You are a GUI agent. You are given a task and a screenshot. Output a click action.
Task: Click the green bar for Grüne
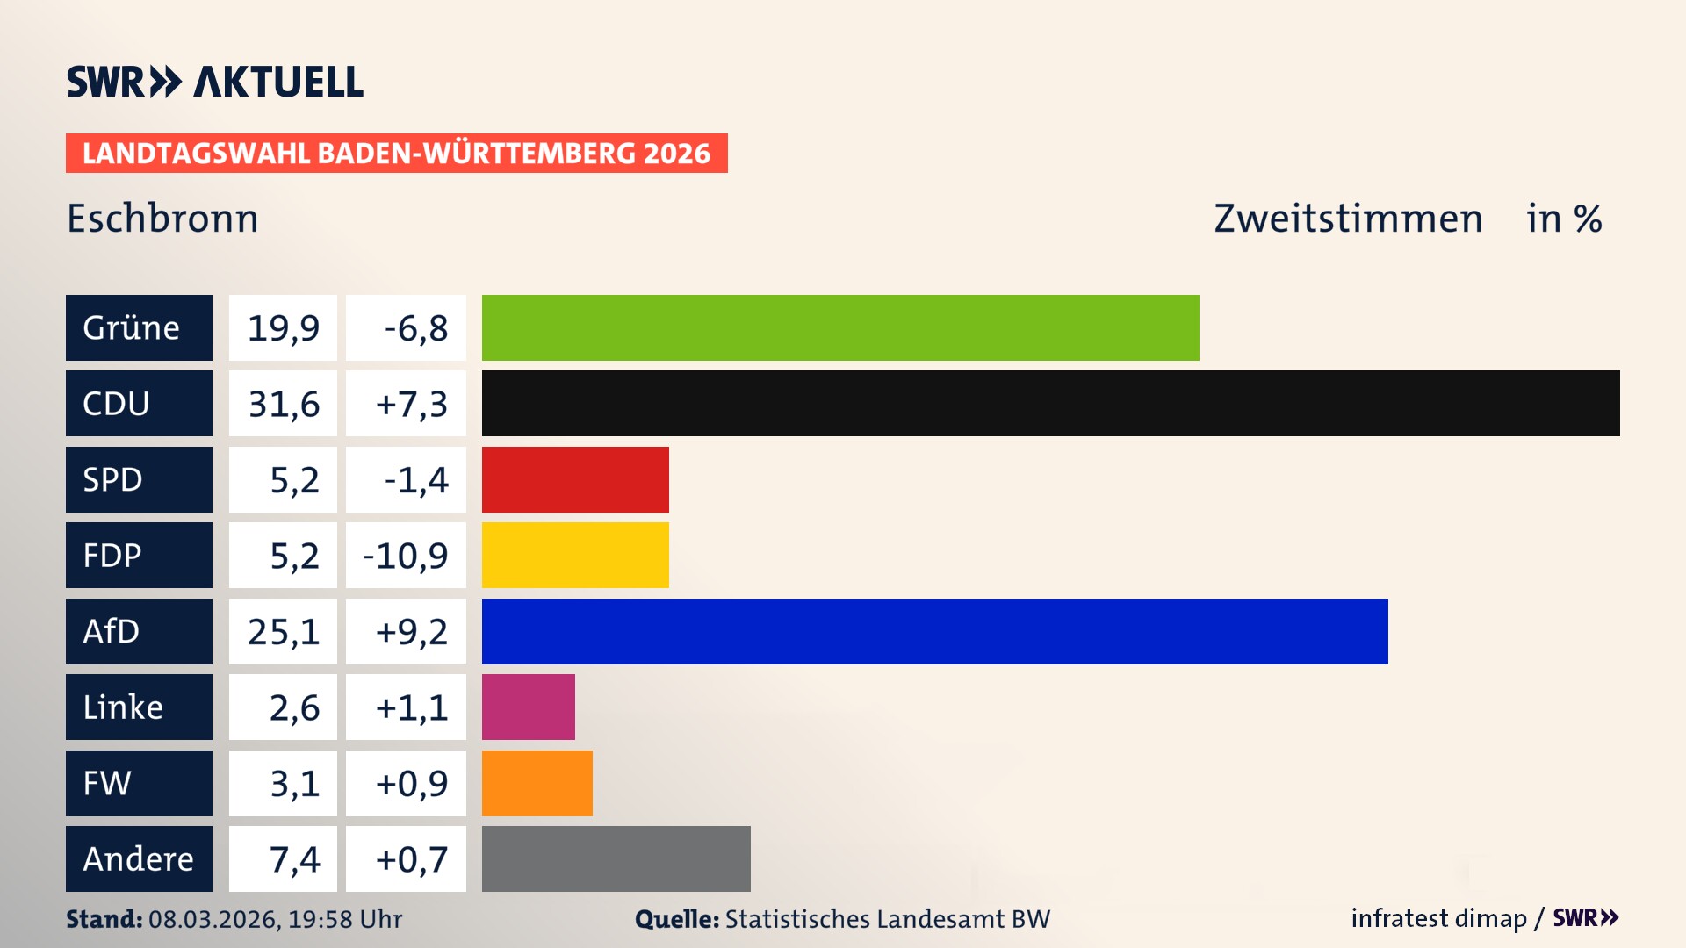click(x=840, y=327)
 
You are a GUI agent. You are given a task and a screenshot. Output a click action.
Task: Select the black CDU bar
click(x=1050, y=403)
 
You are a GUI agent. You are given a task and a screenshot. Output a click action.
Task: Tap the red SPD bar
click(x=575, y=479)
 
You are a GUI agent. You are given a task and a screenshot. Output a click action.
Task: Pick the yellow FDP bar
click(x=575, y=555)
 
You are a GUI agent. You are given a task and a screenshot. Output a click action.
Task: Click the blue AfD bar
click(x=934, y=631)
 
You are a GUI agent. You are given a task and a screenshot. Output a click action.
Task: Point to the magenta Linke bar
click(x=528, y=707)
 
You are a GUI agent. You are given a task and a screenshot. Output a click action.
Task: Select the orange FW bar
click(x=537, y=783)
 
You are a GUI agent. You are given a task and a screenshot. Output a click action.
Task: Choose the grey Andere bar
click(x=616, y=858)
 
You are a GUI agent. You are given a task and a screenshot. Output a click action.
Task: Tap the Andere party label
click(x=139, y=858)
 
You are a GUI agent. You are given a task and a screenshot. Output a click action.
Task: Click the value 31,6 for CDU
click(x=283, y=404)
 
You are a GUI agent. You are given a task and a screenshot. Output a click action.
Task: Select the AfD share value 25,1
click(x=283, y=631)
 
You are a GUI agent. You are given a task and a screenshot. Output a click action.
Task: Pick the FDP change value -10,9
click(x=406, y=556)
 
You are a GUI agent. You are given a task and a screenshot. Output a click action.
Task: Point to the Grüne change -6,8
click(x=415, y=328)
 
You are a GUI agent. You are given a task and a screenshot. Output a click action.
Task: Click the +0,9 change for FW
click(x=411, y=783)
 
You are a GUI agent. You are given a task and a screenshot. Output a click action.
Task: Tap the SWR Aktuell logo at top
click(x=214, y=82)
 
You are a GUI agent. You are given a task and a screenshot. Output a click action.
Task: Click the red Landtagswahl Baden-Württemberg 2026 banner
click(x=396, y=154)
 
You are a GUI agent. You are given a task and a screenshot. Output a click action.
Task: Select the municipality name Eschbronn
click(x=162, y=219)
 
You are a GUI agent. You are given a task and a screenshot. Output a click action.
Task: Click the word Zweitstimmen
click(x=1348, y=219)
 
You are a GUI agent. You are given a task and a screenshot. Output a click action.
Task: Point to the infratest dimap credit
click(x=1437, y=918)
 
